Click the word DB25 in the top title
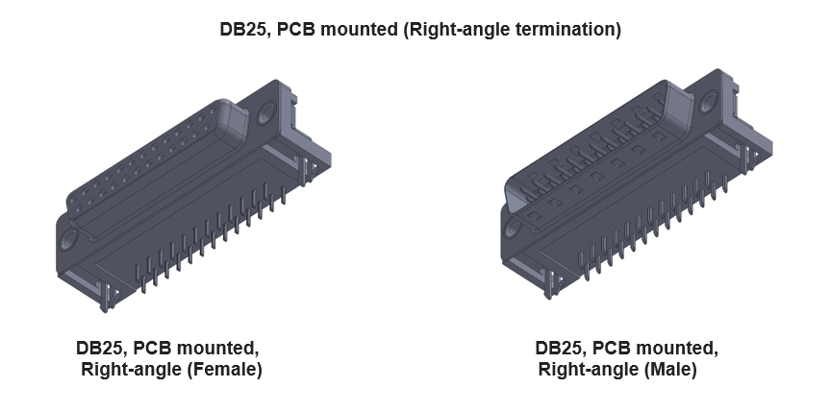tap(245, 30)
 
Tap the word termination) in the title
tap(566, 30)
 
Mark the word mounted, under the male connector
tap(677, 348)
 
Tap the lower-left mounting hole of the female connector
tap(69, 238)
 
